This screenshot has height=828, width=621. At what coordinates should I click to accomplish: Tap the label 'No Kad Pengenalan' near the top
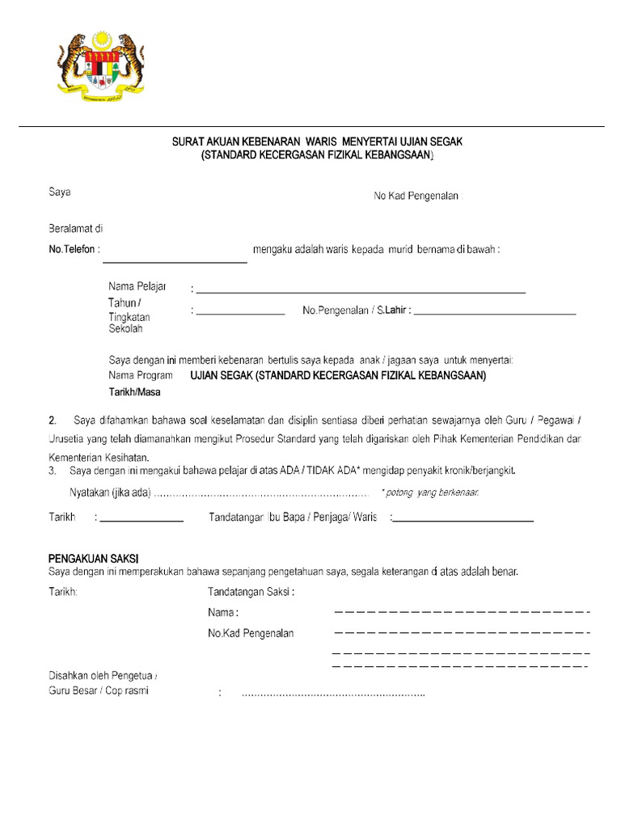click(416, 196)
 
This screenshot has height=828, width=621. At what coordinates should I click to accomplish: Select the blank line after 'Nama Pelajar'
click(361, 290)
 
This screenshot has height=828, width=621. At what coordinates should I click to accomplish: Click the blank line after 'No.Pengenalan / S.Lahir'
click(495, 312)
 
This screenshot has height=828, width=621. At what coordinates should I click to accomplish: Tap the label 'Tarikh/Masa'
click(134, 393)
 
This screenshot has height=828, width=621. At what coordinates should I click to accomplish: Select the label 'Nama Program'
click(141, 376)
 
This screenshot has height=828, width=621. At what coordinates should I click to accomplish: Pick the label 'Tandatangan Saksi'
click(251, 592)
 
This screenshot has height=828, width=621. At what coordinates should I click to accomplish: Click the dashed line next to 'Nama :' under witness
click(461, 612)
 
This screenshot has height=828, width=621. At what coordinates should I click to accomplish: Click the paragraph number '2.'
click(53, 420)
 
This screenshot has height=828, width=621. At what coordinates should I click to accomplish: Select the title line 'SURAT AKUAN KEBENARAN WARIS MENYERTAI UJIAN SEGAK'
click(318, 142)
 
